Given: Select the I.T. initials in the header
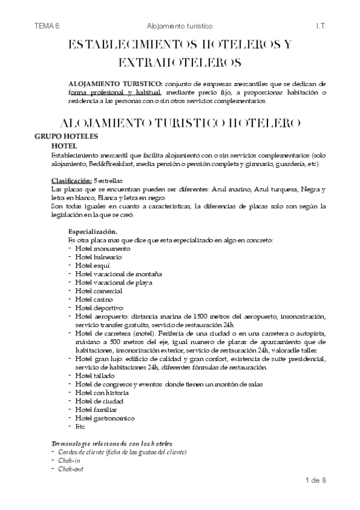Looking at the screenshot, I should pos(320,26).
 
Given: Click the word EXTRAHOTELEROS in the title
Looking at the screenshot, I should pos(180,62).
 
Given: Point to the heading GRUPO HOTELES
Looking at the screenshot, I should pos(63,137).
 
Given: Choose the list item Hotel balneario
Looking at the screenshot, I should pos(98,256).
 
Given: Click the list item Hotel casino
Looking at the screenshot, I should pos(94,299).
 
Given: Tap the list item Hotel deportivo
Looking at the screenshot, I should pos(99,307).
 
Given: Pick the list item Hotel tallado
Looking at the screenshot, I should pos(95,375).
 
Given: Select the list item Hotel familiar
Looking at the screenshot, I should pos(96,410).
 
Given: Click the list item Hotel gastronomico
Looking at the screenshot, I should pos(105,418).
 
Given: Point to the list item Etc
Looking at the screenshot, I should pos(81,426).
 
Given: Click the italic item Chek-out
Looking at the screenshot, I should pos(71,469).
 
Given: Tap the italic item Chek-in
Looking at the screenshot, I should pos(69,460).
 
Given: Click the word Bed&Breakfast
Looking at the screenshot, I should pos(112,164).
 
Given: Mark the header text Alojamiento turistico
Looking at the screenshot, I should pos(180,26).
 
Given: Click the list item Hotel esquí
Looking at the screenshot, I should pos(93,265).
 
